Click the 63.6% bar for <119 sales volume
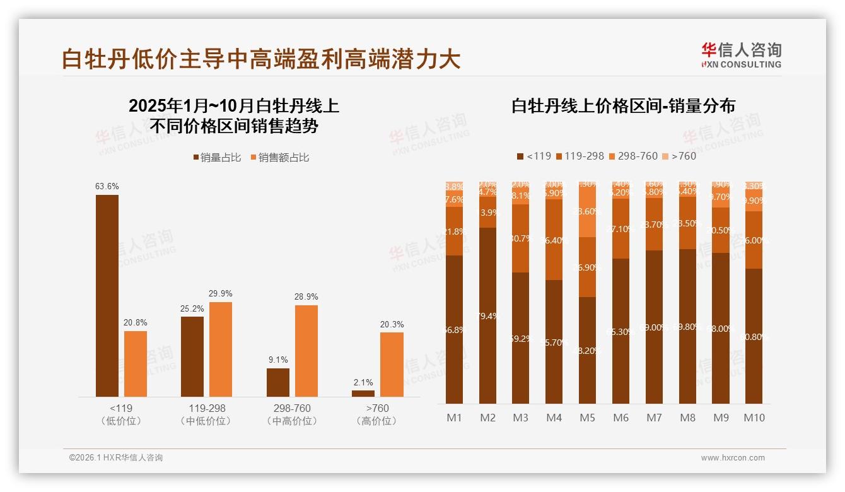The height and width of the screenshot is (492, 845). coord(107,295)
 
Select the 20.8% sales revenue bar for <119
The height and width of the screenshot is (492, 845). coord(136,363)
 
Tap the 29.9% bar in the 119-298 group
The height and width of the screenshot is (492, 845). coord(221,349)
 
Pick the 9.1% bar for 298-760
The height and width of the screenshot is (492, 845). coord(278,382)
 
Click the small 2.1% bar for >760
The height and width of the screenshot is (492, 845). coord(363,394)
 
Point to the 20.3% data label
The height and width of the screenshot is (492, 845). coord(392,324)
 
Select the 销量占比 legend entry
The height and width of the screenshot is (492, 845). coord(218,158)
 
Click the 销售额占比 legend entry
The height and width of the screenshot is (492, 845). coord(280,158)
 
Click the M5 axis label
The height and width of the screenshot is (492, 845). coord(588,418)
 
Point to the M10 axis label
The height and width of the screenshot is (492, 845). coord(754,418)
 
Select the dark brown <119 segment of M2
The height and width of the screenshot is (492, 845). coord(488,315)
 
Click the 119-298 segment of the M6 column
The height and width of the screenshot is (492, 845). coord(621,228)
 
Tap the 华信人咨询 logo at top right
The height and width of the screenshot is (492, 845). coord(741,55)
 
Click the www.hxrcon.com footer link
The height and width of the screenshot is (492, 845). coord(733,458)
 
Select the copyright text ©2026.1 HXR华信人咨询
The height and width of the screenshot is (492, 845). coord(116,458)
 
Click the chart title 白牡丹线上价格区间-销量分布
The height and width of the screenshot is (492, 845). coord(623,106)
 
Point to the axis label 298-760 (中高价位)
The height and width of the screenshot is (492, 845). coord(292,414)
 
